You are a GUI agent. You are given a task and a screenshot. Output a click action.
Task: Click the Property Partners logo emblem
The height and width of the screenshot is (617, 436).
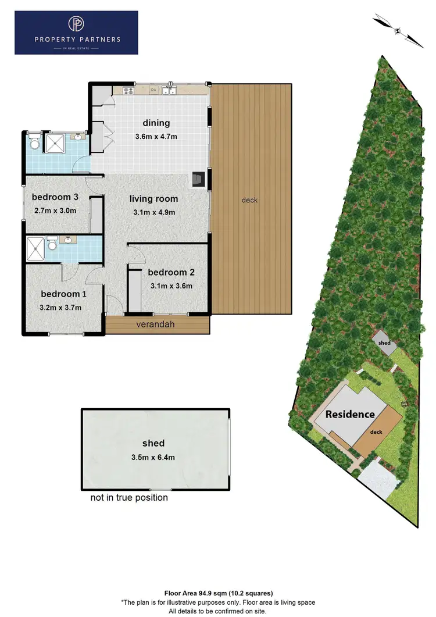click(76, 24)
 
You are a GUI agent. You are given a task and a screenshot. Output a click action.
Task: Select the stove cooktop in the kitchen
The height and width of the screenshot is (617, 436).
click(128, 90)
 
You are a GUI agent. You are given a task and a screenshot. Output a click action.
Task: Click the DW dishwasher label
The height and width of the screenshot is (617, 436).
click(153, 90)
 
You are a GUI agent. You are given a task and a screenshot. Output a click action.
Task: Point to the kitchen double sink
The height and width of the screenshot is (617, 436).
click(169, 90)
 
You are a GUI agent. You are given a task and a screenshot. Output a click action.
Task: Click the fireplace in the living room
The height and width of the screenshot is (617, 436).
click(199, 180)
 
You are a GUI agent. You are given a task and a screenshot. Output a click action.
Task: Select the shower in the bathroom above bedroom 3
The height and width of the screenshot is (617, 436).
click(57, 143)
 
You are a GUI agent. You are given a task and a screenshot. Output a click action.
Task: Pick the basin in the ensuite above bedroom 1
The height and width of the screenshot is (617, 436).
click(69, 240)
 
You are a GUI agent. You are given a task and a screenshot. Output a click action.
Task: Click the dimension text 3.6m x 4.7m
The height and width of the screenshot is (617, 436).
click(156, 137)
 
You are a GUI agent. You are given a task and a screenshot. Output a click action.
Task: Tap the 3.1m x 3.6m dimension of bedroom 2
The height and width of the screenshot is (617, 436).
click(171, 286)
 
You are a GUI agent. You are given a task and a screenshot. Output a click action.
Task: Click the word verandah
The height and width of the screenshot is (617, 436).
click(155, 324)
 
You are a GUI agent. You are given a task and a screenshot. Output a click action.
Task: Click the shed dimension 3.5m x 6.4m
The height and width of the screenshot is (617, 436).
click(153, 457)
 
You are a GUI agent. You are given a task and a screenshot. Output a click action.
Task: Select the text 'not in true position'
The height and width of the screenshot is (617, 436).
click(129, 498)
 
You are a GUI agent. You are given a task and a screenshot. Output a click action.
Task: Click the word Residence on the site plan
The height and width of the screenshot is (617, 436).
click(350, 415)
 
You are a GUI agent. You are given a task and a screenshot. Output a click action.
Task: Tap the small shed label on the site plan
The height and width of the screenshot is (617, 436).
click(384, 343)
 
